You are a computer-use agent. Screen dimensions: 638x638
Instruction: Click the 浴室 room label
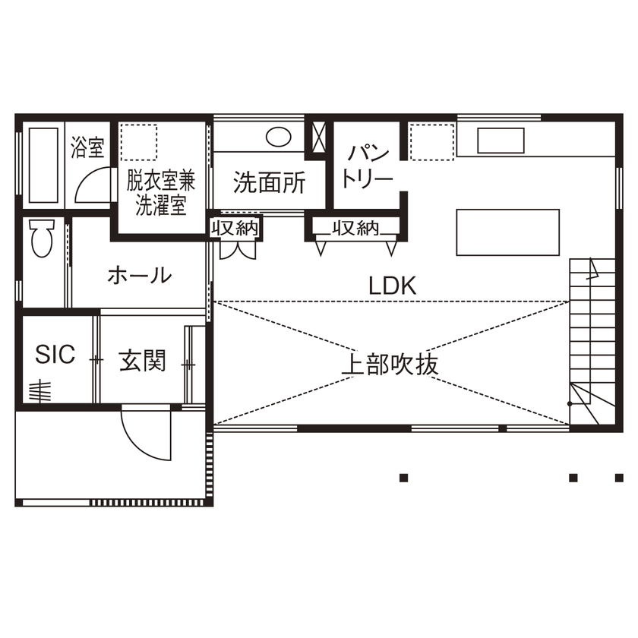pyautogui.click(x=88, y=147)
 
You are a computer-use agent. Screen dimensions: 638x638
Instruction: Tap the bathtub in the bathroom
pyautogui.click(x=43, y=165)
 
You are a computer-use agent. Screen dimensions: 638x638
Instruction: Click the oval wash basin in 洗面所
pyautogui.click(x=279, y=137)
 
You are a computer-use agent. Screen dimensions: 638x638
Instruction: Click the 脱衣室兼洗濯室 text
pyautogui.click(x=160, y=193)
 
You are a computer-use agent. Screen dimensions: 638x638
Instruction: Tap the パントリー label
pyautogui.click(x=367, y=166)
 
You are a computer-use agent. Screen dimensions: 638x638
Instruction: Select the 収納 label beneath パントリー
pyautogui.click(x=355, y=228)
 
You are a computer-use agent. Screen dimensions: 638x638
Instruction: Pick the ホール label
pyautogui.click(x=139, y=275)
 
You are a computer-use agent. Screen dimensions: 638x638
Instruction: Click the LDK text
pyautogui.click(x=393, y=286)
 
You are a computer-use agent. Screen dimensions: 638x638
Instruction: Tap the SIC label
pyautogui.click(x=56, y=354)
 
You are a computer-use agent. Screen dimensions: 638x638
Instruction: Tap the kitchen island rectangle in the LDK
pyautogui.click(x=507, y=232)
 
